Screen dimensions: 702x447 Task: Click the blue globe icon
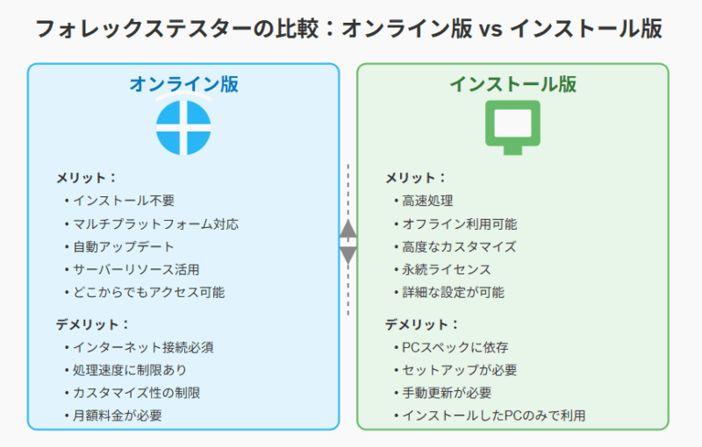pyautogui.click(x=183, y=127)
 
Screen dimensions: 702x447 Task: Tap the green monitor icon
pyautogui.click(x=512, y=127)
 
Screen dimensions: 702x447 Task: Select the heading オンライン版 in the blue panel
pyautogui.click(x=183, y=84)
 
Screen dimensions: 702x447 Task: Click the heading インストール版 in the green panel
pyautogui.click(x=513, y=84)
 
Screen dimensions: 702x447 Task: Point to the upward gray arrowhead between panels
pyautogui.click(x=347, y=229)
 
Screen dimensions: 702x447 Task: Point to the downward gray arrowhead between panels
pyautogui.click(x=347, y=255)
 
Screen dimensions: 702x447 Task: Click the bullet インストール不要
pyautogui.click(x=119, y=201)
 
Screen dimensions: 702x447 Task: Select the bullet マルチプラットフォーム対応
pyautogui.click(x=151, y=223)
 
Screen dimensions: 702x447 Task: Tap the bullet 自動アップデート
pyautogui.click(x=119, y=246)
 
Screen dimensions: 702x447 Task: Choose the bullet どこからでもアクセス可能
pyautogui.click(x=144, y=292)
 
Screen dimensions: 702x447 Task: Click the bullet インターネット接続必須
pyautogui.click(x=139, y=347)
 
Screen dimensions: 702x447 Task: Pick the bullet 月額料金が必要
pyautogui.click(x=113, y=415)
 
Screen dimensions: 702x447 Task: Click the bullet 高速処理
pyautogui.click(x=424, y=201)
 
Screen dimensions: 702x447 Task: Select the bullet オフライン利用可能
pyautogui.click(x=455, y=223)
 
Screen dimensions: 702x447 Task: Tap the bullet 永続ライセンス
pyautogui.click(x=442, y=269)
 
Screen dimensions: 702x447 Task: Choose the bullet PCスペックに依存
pyautogui.click(x=451, y=347)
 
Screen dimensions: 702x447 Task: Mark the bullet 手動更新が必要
pyautogui.click(x=442, y=393)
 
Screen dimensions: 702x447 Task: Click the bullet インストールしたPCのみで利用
pyautogui.click(x=490, y=415)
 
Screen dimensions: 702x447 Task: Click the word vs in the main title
pyautogui.click(x=491, y=30)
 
